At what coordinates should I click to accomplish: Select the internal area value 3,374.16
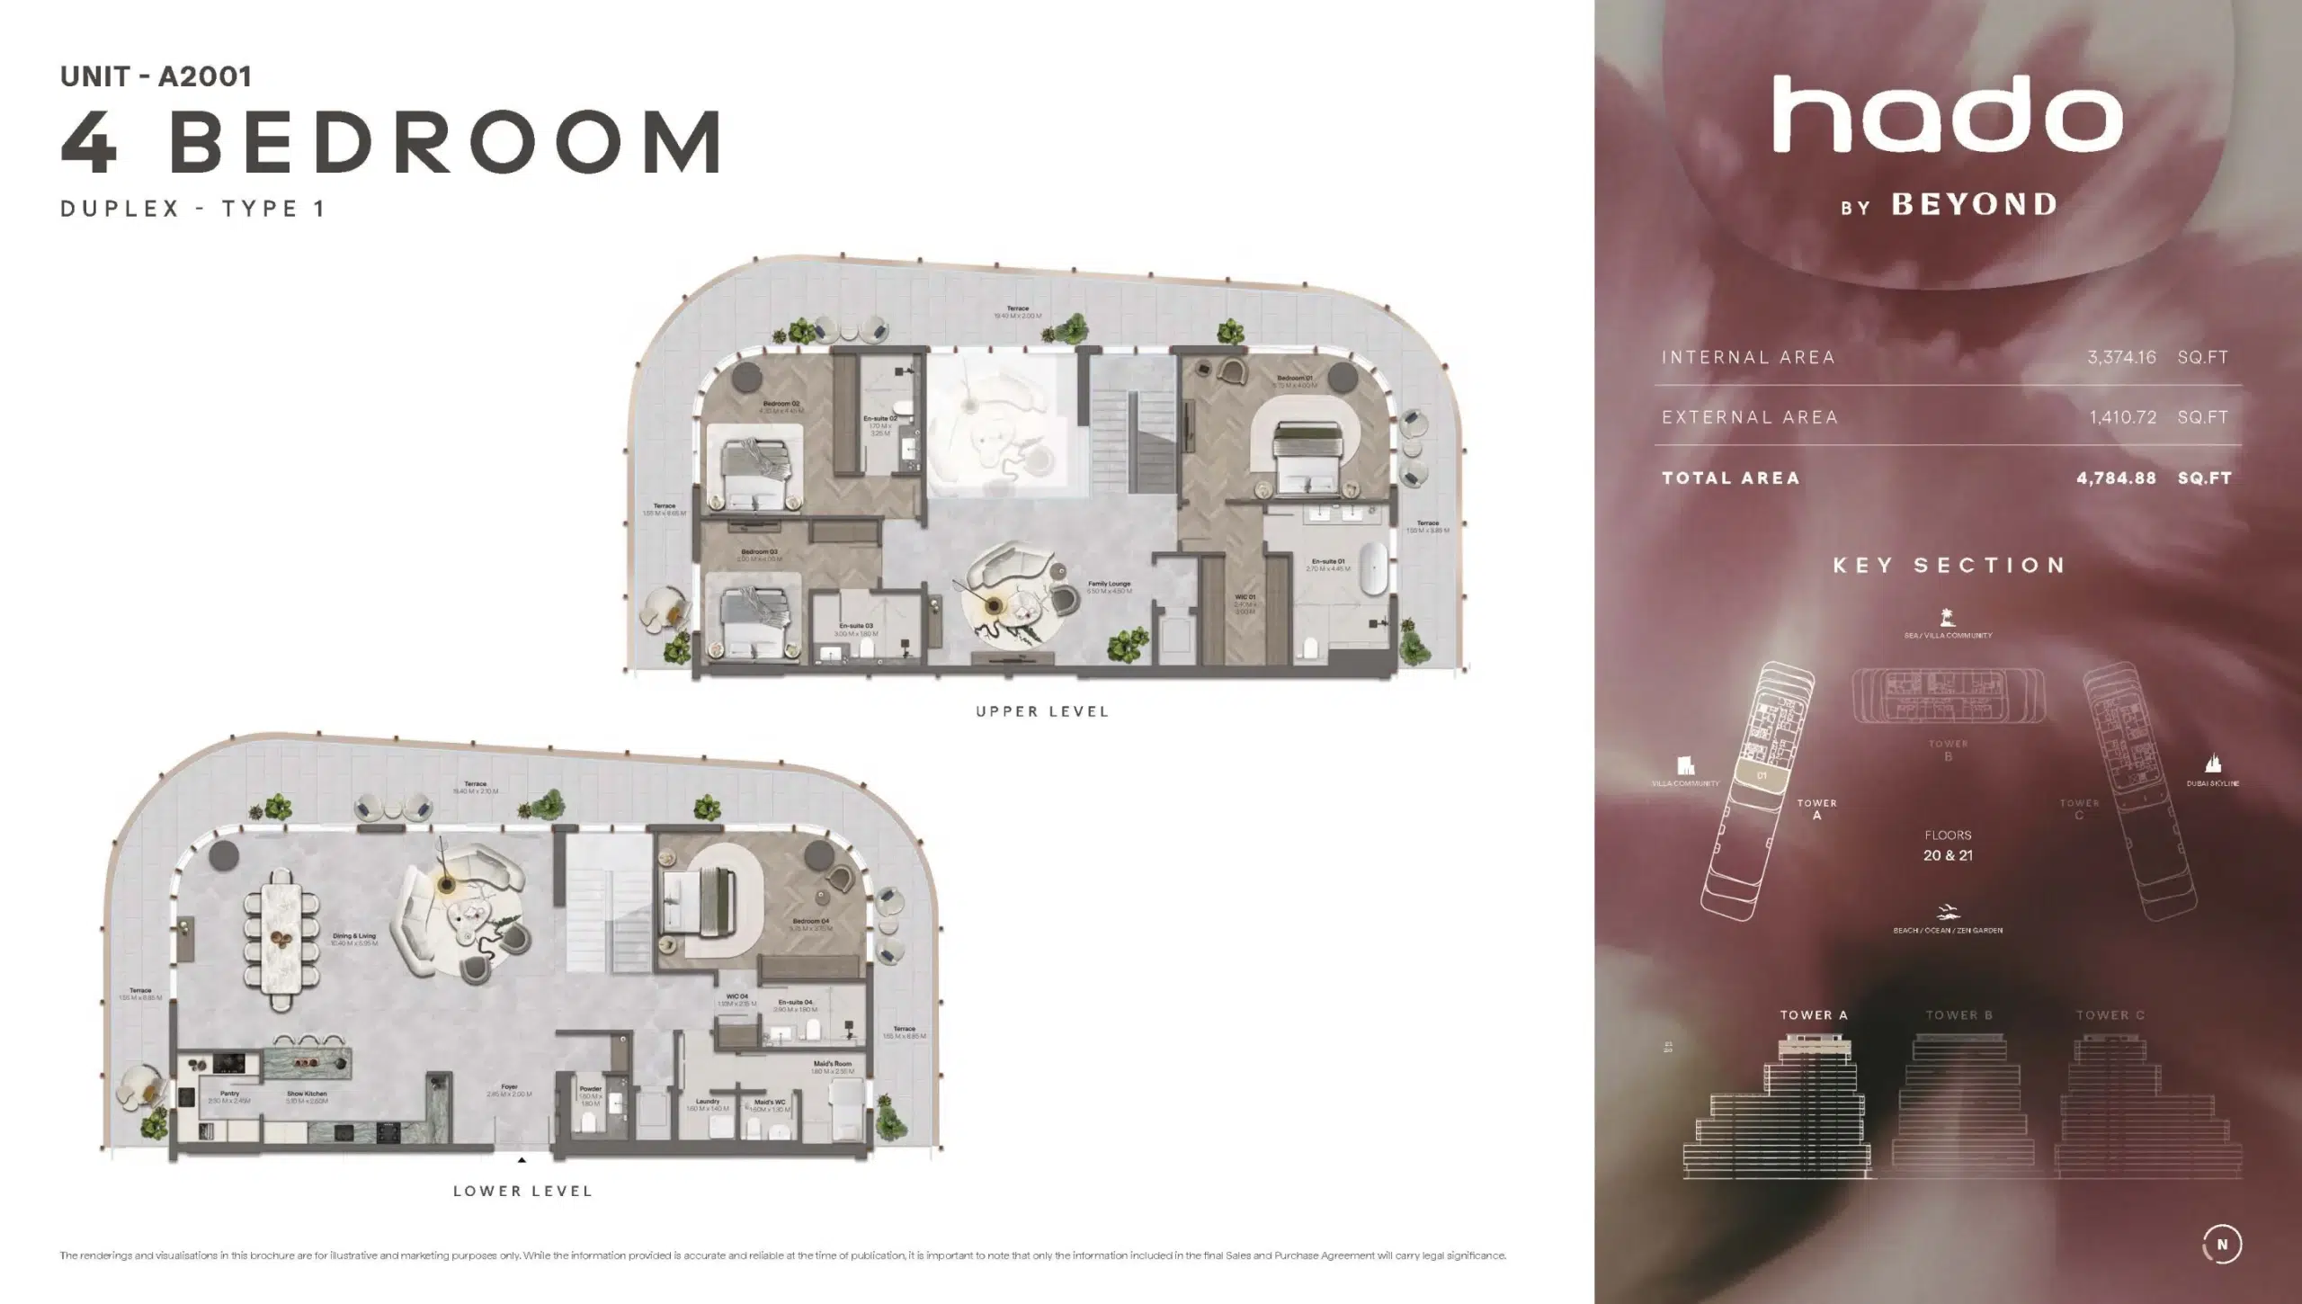[2121, 357]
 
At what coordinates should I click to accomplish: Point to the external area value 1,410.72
[2122, 417]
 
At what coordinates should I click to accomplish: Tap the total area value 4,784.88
[2116, 478]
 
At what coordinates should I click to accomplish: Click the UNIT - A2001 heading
[156, 76]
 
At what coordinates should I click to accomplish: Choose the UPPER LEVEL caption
[1042, 711]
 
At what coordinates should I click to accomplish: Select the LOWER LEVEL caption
[522, 1191]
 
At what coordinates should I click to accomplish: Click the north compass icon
[2222, 1245]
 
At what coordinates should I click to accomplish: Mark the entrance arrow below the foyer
[522, 1160]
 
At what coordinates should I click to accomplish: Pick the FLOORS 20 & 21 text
[1948, 846]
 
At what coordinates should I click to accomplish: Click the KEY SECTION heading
[1949, 566]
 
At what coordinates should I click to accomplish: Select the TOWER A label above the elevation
[1813, 1015]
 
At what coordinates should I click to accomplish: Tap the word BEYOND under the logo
[1974, 206]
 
